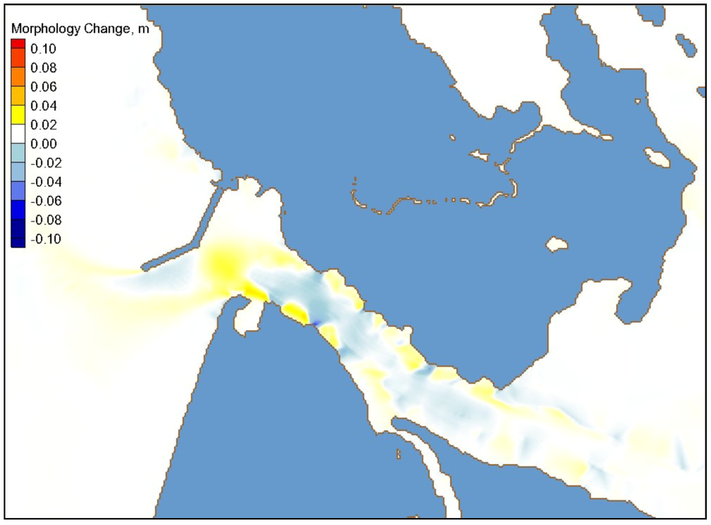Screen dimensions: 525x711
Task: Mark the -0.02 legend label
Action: [x=43, y=163]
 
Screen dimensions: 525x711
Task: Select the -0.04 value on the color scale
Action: [x=43, y=182]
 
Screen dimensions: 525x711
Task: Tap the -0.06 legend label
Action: [x=43, y=202]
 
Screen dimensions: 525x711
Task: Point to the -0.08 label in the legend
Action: [x=43, y=220]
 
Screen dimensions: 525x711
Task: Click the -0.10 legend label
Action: [x=43, y=239]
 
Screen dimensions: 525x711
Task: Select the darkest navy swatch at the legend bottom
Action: [x=18, y=241]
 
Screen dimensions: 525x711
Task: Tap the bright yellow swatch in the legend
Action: [x=18, y=106]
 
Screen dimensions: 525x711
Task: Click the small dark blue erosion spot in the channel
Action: [x=313, y=323]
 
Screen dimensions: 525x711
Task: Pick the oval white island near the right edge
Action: [x=656, y=158]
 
